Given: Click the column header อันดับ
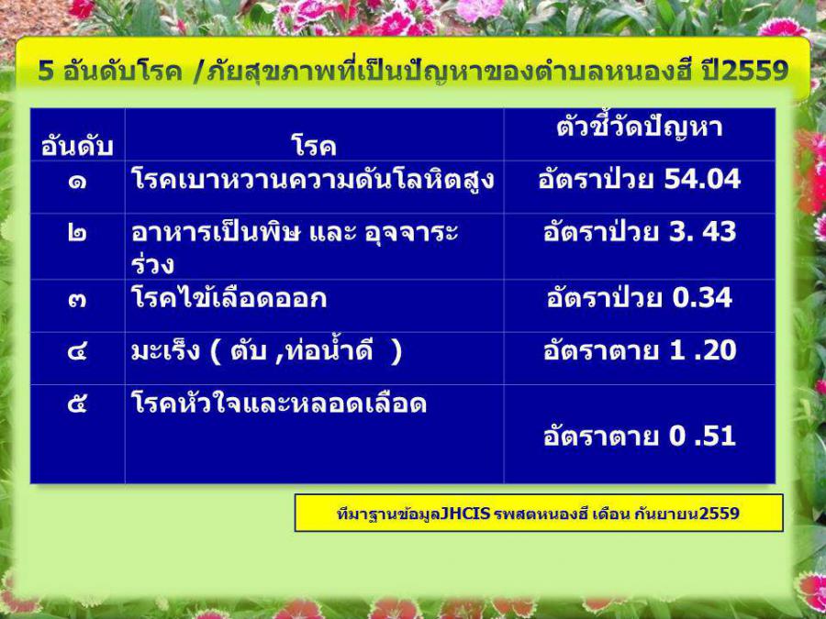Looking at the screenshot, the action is (77, 145).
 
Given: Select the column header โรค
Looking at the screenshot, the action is (314, 145).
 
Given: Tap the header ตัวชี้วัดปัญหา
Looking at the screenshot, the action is (640, 127).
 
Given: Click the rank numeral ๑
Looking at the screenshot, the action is (77, 182).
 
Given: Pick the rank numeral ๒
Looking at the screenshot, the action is (77, 234).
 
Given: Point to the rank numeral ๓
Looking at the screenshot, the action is (77, 300).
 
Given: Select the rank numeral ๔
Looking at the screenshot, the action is (77, 351).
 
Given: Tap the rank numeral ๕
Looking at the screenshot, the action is (77, 403).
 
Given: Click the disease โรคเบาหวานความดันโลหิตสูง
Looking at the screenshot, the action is (313, 180).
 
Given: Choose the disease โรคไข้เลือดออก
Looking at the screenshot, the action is (229, 298).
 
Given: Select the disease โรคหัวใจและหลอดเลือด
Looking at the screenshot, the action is (279, 403).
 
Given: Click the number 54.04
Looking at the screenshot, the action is (702, 180).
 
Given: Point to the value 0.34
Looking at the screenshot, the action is (702, 298).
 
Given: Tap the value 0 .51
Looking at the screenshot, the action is (703, 437).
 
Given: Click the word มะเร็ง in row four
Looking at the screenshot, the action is (165, 351).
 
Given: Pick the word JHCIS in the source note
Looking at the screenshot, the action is (465, 513).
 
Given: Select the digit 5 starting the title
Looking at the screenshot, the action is (46, 71).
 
